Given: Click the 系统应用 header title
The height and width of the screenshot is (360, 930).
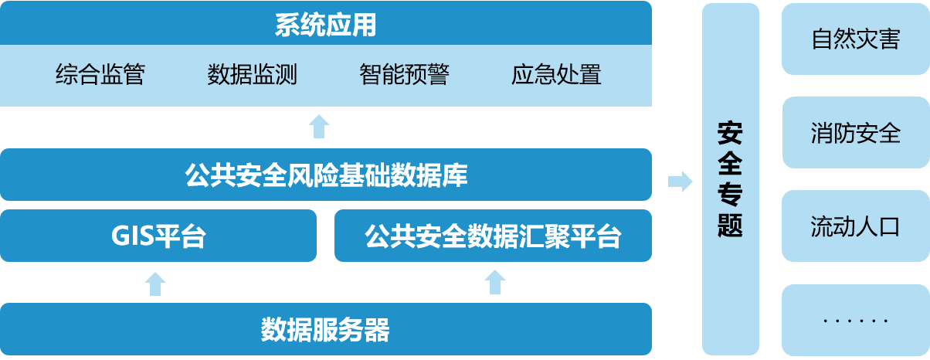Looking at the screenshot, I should point(325,25).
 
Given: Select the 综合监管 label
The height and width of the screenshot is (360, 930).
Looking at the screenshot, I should point(100,75).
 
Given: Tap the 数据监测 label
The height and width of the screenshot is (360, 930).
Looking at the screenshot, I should point(253,75).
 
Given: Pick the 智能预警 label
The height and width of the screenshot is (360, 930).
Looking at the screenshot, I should point(404,75).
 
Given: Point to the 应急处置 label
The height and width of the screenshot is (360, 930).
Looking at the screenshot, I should point(556,75).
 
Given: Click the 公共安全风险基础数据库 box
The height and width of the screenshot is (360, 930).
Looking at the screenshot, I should point(325,175).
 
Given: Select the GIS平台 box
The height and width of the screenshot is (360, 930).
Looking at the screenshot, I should point(158,236).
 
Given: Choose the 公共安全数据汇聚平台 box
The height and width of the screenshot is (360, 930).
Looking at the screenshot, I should point(493,236).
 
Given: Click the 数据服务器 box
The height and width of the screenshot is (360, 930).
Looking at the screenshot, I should point(325,329).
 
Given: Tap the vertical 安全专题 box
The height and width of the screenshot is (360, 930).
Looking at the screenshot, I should point(730,179).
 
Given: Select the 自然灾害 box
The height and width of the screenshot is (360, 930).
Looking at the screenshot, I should point(855,39).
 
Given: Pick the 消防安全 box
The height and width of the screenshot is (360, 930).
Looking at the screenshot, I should point(855,133).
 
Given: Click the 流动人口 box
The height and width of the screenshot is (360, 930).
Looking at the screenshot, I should point(855,226).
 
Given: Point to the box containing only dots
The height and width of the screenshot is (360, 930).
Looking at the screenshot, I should point(855,320).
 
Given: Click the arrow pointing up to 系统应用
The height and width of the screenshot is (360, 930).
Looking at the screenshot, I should point(319,126).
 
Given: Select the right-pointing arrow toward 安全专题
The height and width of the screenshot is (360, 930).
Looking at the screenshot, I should point(680,182).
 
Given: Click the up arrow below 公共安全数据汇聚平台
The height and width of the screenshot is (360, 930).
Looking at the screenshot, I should point(495,282).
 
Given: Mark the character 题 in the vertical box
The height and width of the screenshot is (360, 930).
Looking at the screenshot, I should point(730,224).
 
